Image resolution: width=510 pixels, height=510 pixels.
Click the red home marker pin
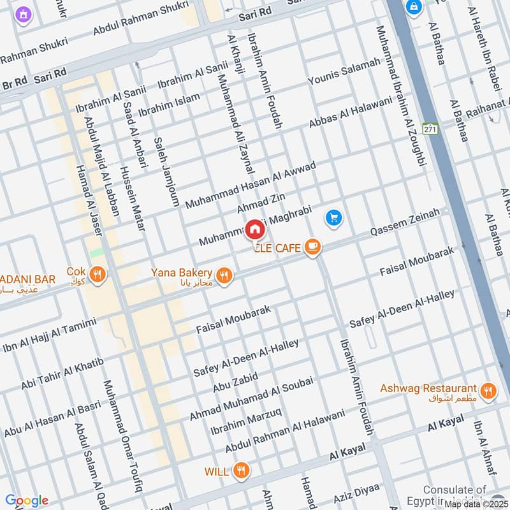(255, 229)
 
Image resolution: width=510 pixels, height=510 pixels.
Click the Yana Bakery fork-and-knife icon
(223, 275)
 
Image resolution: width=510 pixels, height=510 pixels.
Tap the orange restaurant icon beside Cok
(98, 275)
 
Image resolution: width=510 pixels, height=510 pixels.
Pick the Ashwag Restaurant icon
(488, 391)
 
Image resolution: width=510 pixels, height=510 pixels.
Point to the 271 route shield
(430, 128)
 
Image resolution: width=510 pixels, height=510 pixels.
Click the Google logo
(26, 500)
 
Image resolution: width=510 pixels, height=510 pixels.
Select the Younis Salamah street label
(344, 71)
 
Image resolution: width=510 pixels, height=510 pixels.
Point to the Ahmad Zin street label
(261, 201)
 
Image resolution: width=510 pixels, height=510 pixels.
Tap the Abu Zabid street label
(235, 383)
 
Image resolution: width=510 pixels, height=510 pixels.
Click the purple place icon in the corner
(24, 14)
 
